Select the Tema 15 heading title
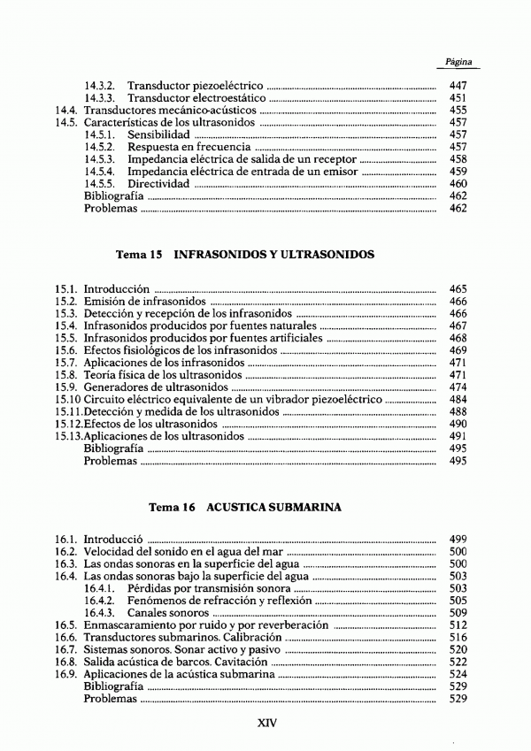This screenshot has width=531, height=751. pos(245,254)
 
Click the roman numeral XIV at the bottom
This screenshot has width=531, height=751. pos(267,722)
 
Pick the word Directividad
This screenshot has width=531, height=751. pos(158,184)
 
